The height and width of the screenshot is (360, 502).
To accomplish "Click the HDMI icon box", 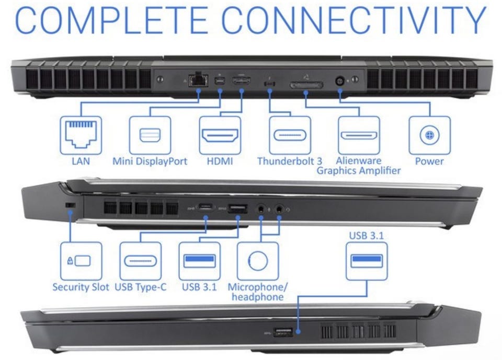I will (x=220, y=135).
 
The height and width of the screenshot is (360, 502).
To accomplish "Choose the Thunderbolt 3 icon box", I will (x=290, y=135).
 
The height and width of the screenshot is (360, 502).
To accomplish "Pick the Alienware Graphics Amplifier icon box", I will (x=359, y=135).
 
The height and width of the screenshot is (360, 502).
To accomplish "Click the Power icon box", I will (x=429, y=135).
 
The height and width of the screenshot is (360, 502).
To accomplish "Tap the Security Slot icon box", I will (x=81, y=260).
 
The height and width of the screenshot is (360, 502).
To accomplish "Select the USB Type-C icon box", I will (x=140, y=260).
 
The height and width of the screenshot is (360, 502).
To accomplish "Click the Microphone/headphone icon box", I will (x=257, y=260).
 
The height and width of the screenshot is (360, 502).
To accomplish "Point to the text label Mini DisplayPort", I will (x=150, y=161).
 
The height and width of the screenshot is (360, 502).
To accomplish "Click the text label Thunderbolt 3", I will (x=289, y=161).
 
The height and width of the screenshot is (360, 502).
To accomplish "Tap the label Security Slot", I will (x=81, y=287).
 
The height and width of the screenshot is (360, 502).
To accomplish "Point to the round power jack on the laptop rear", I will (x=340, y=82).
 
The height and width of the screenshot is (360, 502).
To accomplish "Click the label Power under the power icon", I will (x=429, y=161).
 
